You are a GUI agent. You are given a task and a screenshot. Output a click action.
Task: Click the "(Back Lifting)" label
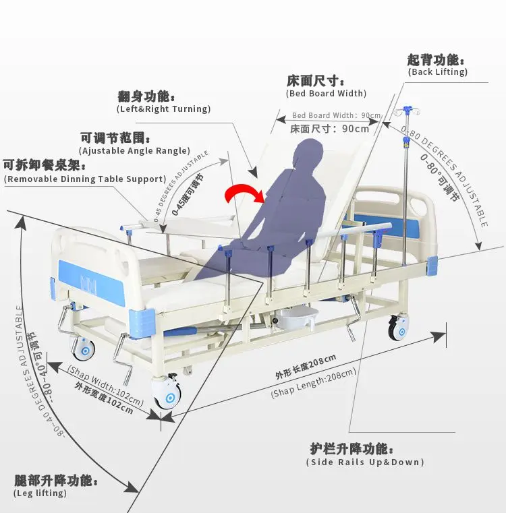[437, 72]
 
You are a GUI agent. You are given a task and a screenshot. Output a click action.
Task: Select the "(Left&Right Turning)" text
[163, 109]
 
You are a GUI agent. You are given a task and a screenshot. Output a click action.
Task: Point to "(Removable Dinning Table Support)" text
[85, 179]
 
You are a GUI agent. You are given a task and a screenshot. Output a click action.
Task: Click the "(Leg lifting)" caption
[40, 493]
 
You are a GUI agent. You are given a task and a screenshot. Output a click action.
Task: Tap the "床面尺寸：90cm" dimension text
[330, 129]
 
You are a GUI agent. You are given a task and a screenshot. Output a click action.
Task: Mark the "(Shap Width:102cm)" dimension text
[107, 382]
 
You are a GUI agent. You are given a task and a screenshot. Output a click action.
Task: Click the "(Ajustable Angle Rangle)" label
[134, 151]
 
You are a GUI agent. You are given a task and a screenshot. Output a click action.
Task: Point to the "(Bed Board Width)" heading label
[327, 93]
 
